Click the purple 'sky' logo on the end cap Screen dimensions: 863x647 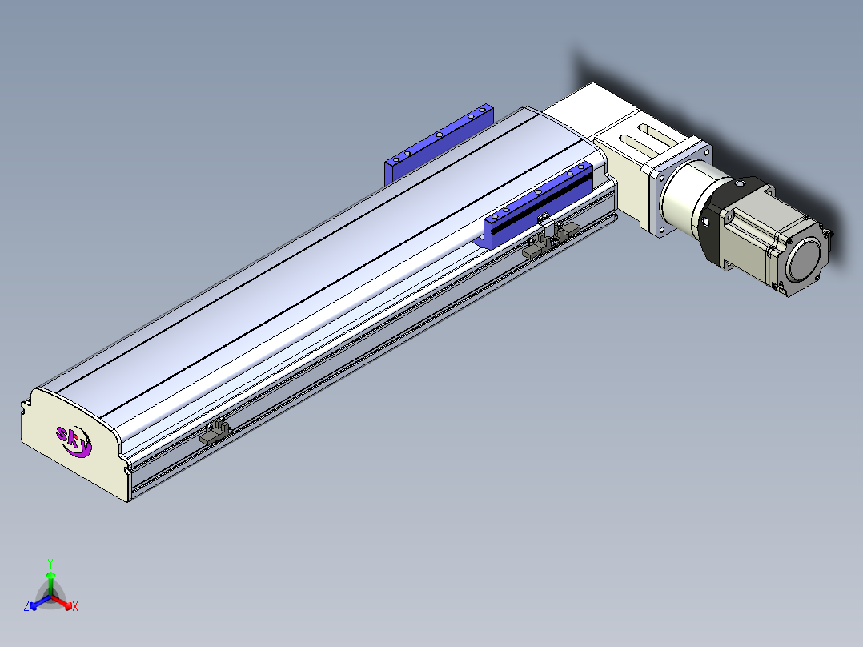pyautogui.click(x=74, y=441)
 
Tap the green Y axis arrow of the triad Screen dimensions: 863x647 pyautogui.click(x=50, y=583)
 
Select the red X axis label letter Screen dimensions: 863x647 pyautogui.click(x=75, y=606)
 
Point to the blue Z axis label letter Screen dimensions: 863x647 pyautogui.click(x=26, y=606)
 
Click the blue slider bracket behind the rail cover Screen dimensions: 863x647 pyautogui.click(x=439, y=143)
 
